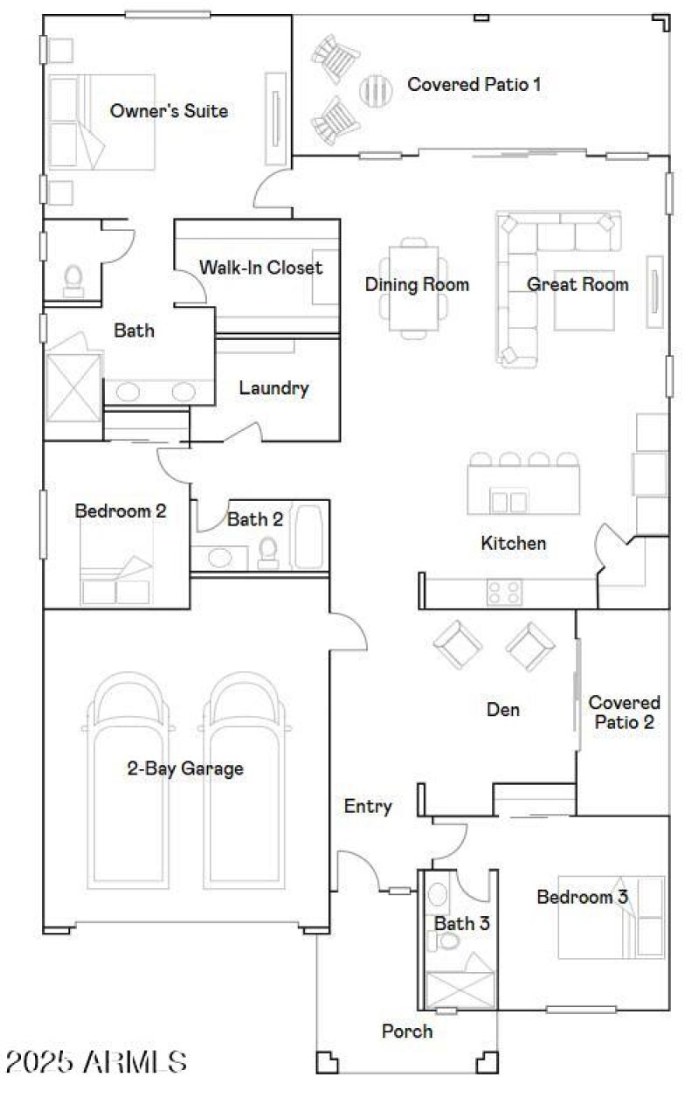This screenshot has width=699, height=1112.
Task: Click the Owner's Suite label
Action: [x=169, y=111]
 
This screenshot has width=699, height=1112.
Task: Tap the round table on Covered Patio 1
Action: [x=376, y=88]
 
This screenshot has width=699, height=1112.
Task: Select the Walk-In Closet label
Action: [x=260, y=268]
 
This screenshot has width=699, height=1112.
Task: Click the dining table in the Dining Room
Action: [x=415, y=287]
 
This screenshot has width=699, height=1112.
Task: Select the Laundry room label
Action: [x=273, y=388]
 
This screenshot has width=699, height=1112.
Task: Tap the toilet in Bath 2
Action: [x=268, y=552]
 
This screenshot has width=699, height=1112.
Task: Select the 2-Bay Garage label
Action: [x=185, y=769]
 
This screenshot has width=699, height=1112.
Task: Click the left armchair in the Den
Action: [x=457, y=647]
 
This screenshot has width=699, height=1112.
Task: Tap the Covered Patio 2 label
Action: [x=624, y=712]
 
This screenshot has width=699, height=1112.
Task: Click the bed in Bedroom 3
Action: [x=611, y=918]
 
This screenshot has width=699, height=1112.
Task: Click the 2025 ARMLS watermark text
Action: [x=96, y=1062]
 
